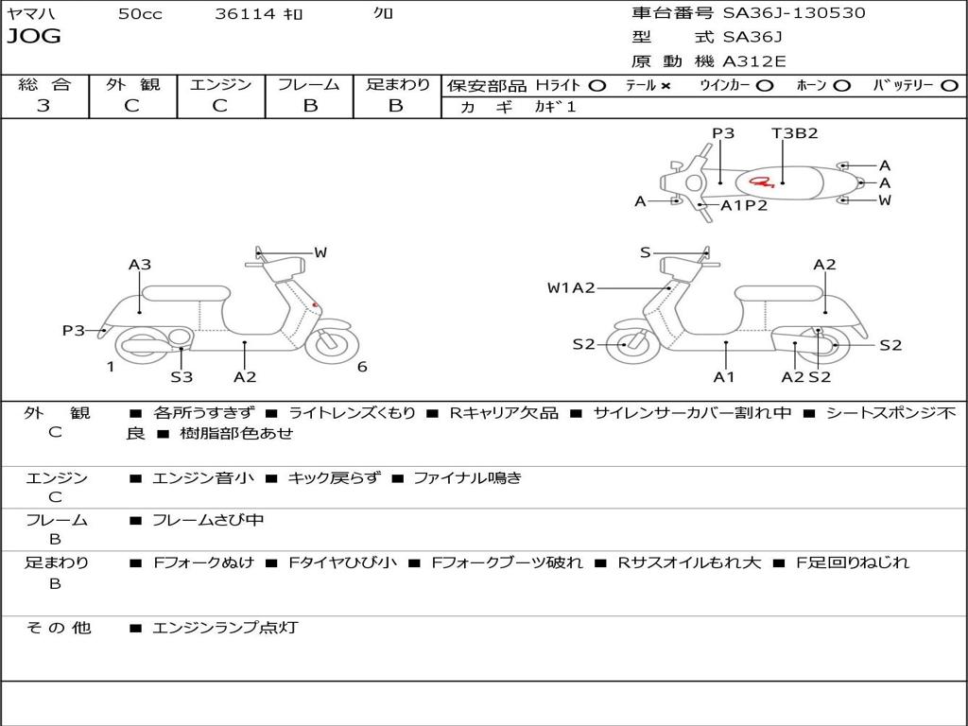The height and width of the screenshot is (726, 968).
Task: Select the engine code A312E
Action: pos(753,62)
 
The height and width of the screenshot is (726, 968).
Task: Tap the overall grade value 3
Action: pos(43,106)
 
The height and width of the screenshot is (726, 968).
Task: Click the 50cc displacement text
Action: pos(140,14)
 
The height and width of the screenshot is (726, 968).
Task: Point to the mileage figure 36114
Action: pos(245,14)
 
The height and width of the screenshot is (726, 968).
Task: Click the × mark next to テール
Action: pos(665,86)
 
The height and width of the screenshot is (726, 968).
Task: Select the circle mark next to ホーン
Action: pos(842,86)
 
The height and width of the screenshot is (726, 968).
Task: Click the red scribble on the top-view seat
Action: pos(760,181)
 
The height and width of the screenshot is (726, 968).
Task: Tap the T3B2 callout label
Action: pos(794,133)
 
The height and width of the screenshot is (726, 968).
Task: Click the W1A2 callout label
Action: pos(571,288)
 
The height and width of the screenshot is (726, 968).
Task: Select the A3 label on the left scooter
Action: pos(140,265)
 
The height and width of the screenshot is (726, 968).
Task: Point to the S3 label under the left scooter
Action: pos(181,377)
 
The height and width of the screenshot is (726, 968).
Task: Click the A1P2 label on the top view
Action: pos(744,205)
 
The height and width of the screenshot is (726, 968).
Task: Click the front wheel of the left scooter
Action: pos(332,344)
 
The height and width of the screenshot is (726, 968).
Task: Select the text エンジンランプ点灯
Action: pos(225,628)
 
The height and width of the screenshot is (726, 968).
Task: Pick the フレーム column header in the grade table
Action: pos(309,85)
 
